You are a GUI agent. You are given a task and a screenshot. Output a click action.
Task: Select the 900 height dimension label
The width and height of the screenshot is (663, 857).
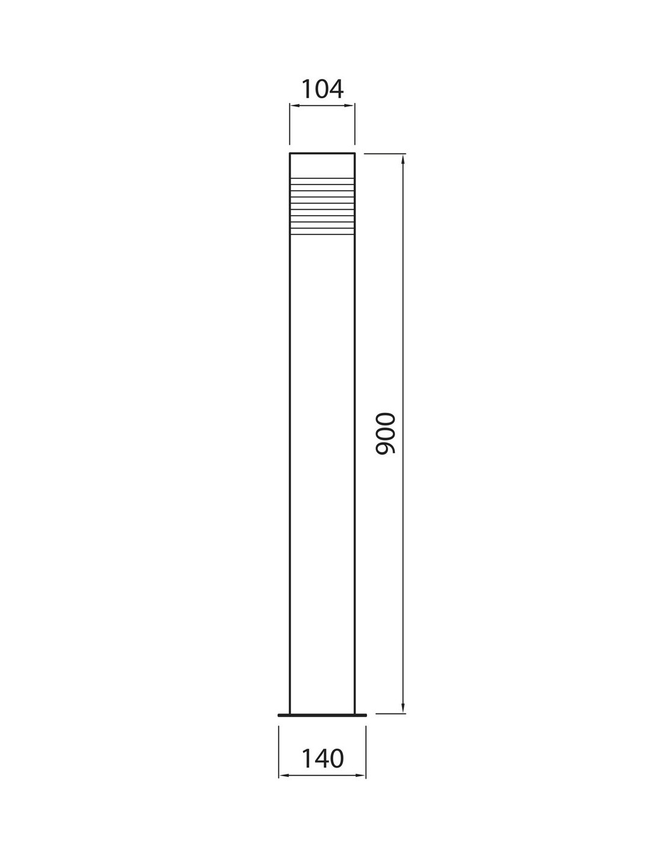(385, 434)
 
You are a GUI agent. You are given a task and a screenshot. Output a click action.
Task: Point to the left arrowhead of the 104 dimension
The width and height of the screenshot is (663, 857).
(294, 105)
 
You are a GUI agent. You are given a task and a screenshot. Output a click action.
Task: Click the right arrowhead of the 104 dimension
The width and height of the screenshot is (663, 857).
(350, 105)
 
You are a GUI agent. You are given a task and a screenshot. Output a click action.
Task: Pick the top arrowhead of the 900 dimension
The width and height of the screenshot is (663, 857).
(403, 159)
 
